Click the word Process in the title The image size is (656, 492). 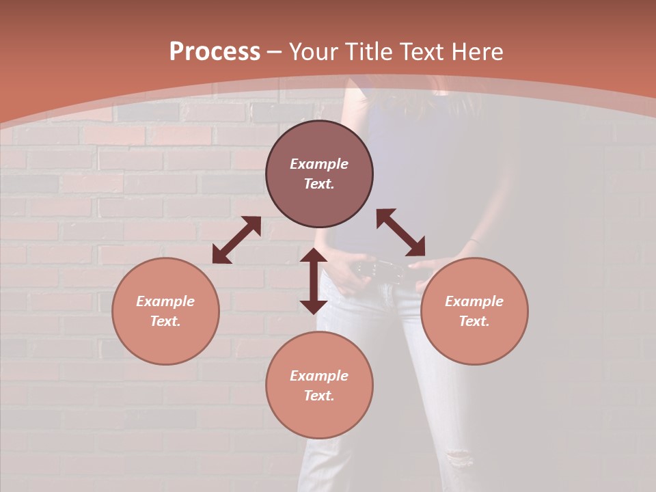coord(215,52)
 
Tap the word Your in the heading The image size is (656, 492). coord(312,52)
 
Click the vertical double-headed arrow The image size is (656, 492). coord(314,281)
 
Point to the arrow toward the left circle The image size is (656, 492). coord(236,240)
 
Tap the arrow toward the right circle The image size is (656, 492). coord(400,232)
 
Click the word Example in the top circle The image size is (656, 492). coord(319,164)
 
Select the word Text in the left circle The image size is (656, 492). coord(165,321)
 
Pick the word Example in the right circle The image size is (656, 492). coord(474,301)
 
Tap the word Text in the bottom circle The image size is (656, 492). coord(319,396)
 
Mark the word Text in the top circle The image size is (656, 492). coord(319,184)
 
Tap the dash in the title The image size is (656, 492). coord(275,52)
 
